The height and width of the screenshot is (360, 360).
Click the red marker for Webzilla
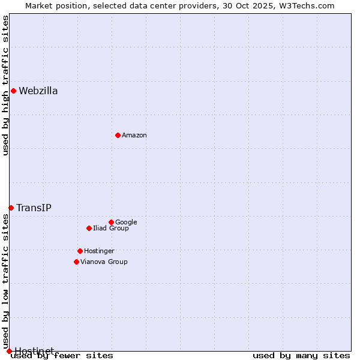(13, 91)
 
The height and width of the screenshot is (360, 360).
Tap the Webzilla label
(38, 91)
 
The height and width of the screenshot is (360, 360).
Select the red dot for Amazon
(118, 135)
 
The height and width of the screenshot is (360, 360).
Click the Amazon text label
(134, 136)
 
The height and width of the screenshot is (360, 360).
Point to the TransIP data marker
(11, 208)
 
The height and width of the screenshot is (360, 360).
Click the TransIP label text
(34, 208)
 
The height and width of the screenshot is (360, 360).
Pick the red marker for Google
(111, 222)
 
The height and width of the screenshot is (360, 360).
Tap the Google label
(126, 223)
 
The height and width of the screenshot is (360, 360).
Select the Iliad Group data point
(89, 228)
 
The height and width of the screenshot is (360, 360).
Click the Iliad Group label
(111, 229)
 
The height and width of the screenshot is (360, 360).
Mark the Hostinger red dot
(80, 251)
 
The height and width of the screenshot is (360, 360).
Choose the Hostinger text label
(99, 251)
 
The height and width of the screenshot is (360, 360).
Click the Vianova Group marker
(76, 262)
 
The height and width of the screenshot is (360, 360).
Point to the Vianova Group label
(104, 262)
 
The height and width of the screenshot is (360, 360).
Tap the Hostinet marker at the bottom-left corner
(9, 351)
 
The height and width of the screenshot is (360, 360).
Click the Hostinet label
(34, 350)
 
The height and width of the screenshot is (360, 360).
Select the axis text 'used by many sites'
(301, 356)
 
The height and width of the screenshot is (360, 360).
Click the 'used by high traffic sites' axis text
(6, 85)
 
